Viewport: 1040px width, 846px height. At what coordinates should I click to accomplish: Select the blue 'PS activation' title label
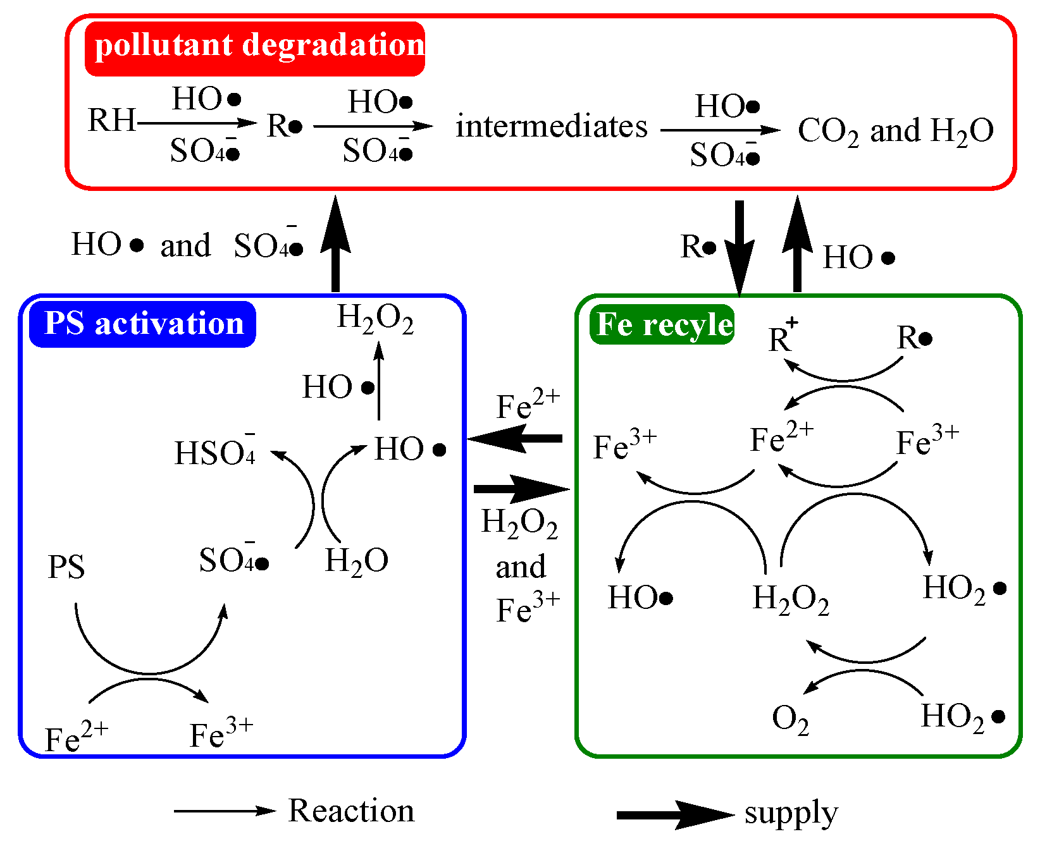(x=143, y=324)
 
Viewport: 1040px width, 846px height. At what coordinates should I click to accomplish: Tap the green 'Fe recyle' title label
(x=662, y=324)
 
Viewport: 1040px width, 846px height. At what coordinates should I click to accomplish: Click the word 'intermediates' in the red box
(x=552, y=126)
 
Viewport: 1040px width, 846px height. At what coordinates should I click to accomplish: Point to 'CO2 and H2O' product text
(x=895, y=132)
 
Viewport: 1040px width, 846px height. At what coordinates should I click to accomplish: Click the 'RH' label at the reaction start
(x=111, y=120)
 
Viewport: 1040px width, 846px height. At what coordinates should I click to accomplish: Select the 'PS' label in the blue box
(x=66, y=567)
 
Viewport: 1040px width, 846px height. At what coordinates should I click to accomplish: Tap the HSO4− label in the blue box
(x=215, y=451)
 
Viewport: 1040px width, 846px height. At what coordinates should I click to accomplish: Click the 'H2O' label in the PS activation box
(x=356, y=561)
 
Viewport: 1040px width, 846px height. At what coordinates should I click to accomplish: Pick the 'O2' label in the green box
(x=790, y=719)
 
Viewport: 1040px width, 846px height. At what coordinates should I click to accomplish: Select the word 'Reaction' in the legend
(x=351, y=811)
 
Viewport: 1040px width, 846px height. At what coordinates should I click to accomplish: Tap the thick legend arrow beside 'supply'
(x=674, y=814)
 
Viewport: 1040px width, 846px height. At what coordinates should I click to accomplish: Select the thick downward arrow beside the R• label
(x=739, y=247)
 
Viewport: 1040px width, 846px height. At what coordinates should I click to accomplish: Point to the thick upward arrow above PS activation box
(x=335, y=243)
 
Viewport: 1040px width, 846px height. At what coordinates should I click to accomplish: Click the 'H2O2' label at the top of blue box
(x=375, y=318)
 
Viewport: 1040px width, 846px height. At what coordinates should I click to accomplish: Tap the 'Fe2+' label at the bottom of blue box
(x=76, y=737)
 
